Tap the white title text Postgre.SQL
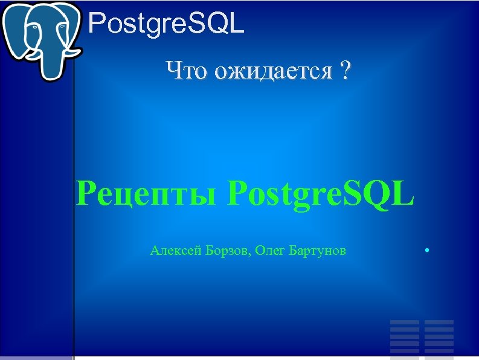(x=166, y=24)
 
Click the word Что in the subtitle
(x=184, y=71)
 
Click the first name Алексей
(x=172, y=250)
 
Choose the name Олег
(x=272, y=250)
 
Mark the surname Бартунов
(x=320, y=250)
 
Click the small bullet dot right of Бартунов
(x=426, y=249)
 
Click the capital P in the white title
(x=96, y=24)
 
